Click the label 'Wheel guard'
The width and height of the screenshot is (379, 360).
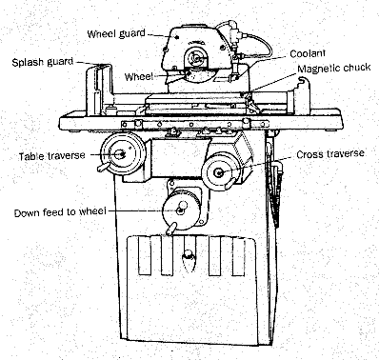coord(116,33)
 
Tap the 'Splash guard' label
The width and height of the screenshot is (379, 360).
coord(43,62)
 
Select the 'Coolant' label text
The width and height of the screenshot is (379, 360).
coord(308,53)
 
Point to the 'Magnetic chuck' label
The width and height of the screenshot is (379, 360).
coord(334,68)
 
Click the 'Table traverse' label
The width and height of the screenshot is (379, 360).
coord(52,156)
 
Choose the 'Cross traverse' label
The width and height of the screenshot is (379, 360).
coord(330,154)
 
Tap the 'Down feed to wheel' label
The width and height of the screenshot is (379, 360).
coord(60,212)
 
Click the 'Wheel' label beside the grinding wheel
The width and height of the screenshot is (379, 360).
coord(139,77)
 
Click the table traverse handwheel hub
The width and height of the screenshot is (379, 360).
coord(120,154)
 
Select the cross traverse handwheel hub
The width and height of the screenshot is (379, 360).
coord(219,172)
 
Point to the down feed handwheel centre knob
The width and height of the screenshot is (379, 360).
coord(182,207)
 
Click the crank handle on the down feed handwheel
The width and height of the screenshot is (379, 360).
coord(170,229)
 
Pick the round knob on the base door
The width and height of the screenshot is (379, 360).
coord(189,255)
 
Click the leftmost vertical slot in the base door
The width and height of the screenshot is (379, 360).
coord(145,256)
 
